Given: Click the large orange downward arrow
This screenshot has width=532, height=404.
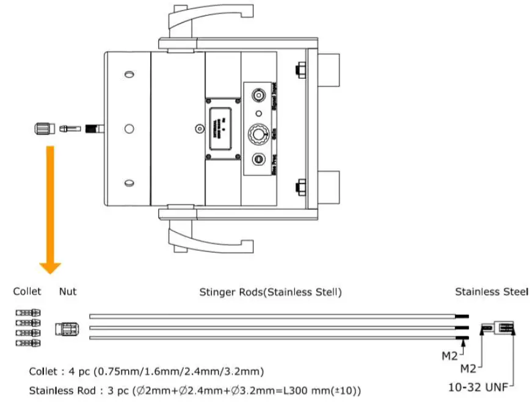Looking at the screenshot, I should pos(50,207).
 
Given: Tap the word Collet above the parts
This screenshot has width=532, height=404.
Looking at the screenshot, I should pos(27,292).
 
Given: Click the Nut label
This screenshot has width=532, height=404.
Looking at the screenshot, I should pos(68,292).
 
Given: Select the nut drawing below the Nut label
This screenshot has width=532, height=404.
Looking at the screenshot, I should pos(67,329).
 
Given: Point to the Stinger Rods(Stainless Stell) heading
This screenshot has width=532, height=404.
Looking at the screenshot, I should pos(271,292).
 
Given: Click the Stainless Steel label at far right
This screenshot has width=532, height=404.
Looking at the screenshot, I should pos(491,292).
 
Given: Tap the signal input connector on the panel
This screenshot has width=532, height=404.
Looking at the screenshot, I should pos(259,95).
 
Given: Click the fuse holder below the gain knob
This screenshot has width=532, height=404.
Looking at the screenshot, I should pos(258,159).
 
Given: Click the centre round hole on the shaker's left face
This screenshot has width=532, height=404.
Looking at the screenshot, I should pos(128,128).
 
